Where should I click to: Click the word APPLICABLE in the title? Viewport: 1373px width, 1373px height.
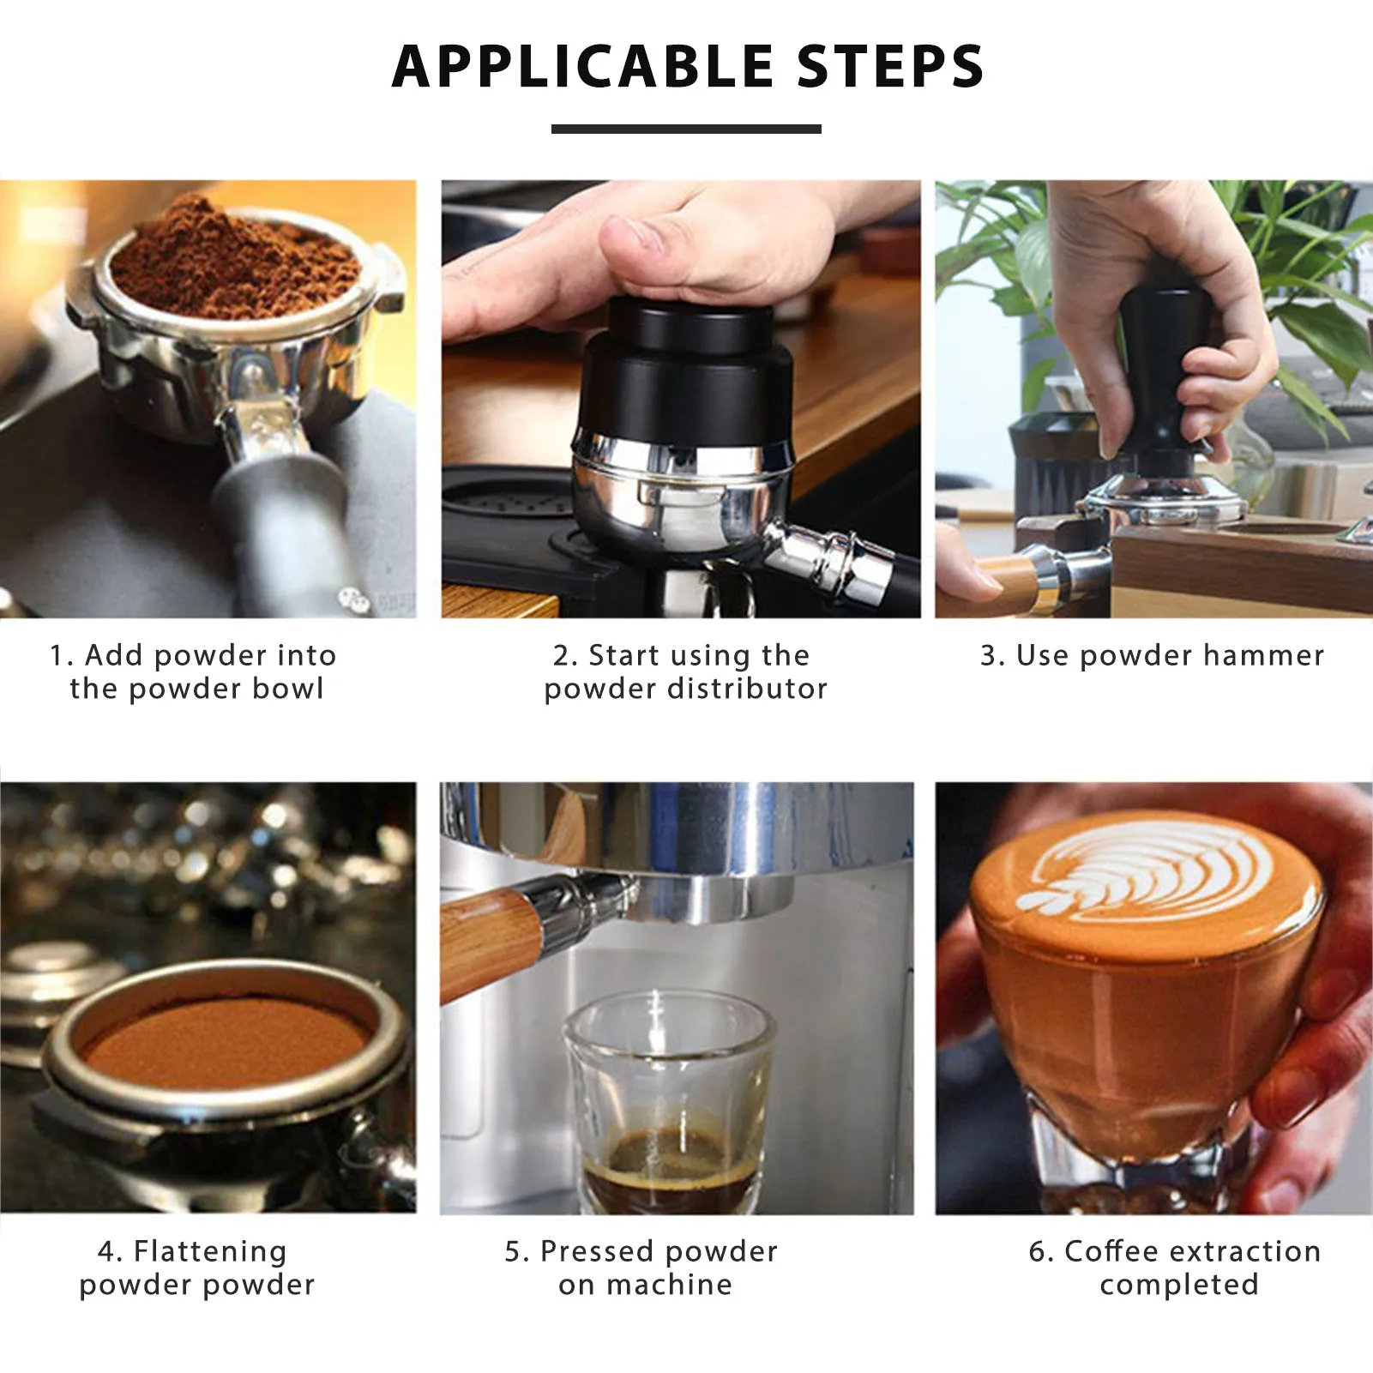582,66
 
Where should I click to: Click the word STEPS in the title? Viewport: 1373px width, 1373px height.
890,66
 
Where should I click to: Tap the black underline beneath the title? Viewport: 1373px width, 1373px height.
686,129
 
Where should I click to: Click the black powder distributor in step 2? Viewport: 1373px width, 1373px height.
683,373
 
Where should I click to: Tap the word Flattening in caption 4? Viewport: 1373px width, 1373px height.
210,1251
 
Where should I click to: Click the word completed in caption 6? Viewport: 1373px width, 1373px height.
1179,1285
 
